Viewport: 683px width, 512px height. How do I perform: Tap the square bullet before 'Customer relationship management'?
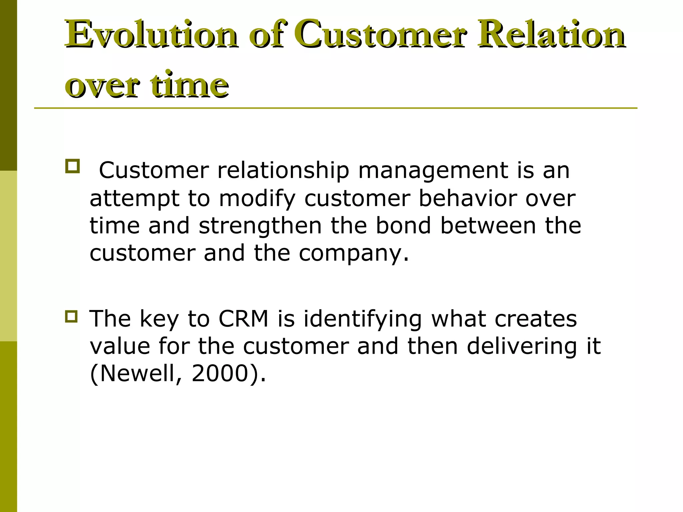[72, 166]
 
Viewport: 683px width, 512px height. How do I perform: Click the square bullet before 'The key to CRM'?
[72, 316]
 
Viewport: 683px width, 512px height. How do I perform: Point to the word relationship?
[283, 171]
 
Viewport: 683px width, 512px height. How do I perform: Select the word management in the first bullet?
[433, 171]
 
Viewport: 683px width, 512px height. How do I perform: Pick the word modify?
[257, 199]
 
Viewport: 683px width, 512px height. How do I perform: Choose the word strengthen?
[260, 226]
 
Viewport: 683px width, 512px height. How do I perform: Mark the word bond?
[404, 225]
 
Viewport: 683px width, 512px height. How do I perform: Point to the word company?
[354, 253]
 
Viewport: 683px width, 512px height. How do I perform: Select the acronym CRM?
[243, 319]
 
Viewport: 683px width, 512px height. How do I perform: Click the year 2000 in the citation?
[219, 374]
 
